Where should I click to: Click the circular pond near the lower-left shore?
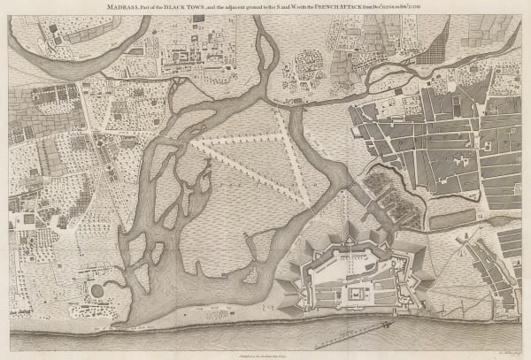point(96,290)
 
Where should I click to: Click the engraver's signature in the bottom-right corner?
point(500,351)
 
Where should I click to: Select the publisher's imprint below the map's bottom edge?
point(265,351)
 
